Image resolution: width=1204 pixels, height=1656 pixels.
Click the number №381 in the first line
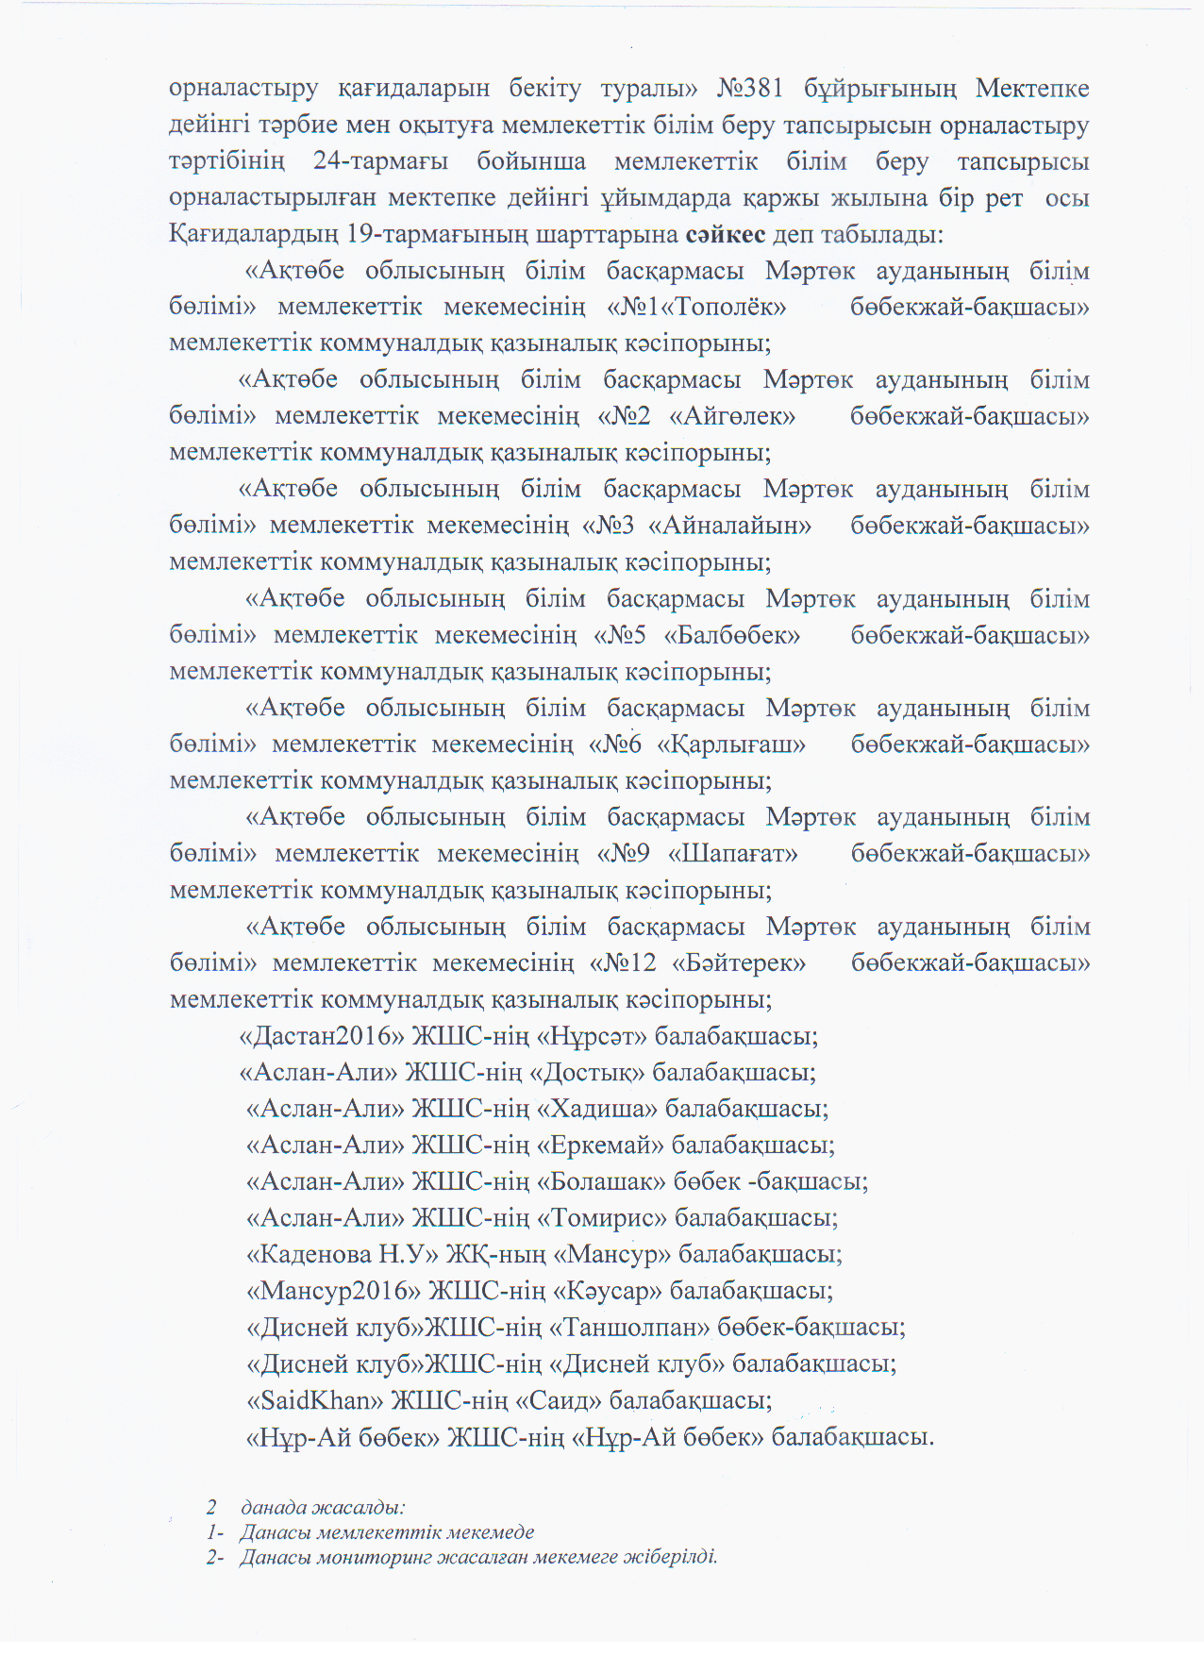click(750, 88)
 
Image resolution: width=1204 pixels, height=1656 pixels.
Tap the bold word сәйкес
click(726, 234)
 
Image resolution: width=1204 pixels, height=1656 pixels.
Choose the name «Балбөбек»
click(732, 635)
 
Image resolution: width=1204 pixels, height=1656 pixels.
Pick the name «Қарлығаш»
click(731, 744)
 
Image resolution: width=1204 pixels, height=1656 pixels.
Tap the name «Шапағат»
click(733, 854)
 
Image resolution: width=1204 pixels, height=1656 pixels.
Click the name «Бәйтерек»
click(739, 963)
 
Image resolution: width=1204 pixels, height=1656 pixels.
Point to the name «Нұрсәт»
click(592, 1036)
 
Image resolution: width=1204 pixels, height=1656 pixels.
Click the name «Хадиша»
click(597, 1109)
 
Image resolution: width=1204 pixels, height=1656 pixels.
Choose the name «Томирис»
click(602, 1218)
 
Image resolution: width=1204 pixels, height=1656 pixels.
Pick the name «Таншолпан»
click(629, 1328)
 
